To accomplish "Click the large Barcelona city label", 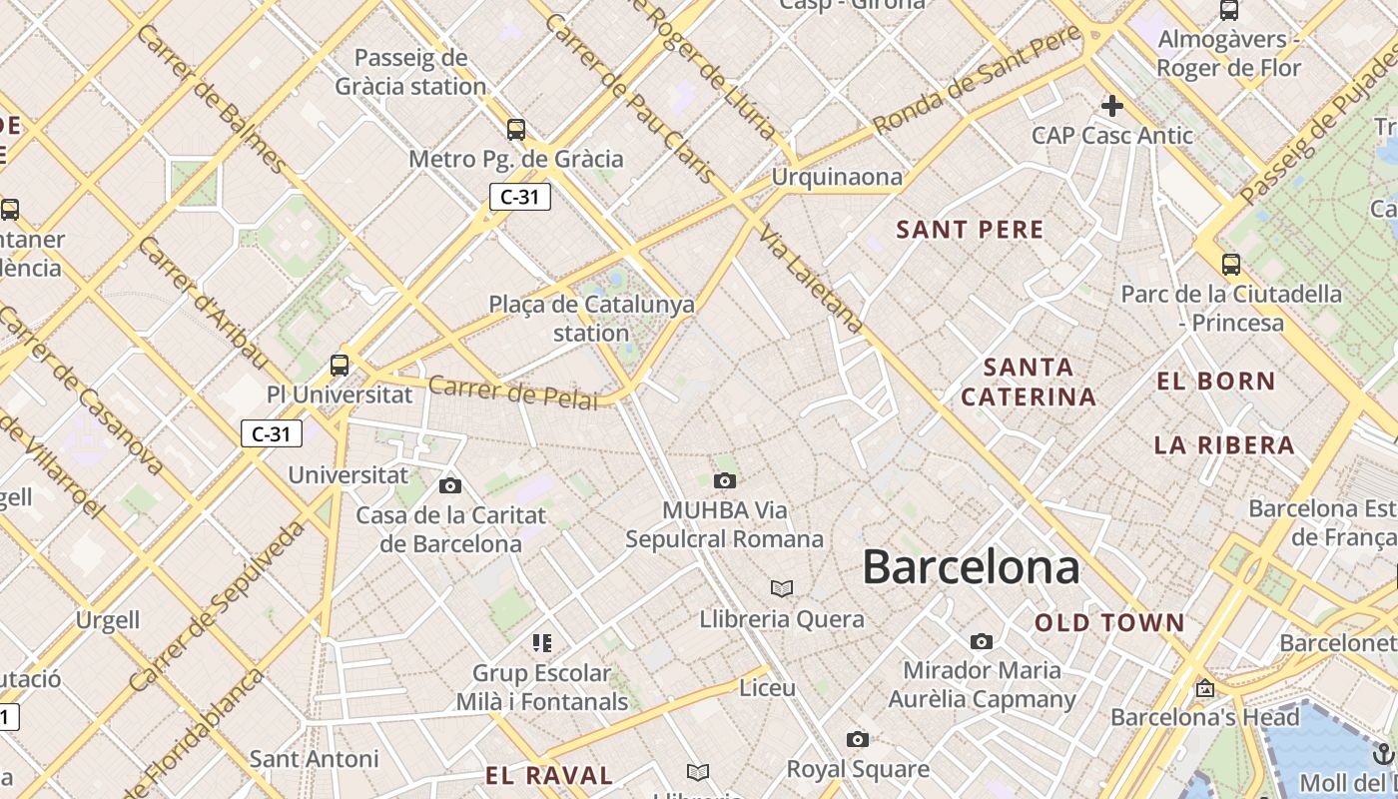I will [x=971, y=567].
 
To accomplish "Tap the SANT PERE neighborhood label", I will [x=970, y=230].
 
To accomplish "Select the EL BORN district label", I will [x=1215, y=381].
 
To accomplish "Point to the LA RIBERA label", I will [x=1224, y=444].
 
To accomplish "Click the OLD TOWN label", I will [x=1109, y=623].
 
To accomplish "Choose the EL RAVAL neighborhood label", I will [x=549, y=775].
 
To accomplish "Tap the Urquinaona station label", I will [x=836, y=177].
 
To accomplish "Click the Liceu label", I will [x=767, y=688].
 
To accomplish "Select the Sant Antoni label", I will [x=314, y=759].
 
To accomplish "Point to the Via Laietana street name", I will [x=811, y=279].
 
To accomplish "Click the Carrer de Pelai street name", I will [x=513, y=392].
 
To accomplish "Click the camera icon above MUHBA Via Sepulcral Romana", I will [x=725, y=481].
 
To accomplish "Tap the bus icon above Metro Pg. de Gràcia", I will [x=515, y=130].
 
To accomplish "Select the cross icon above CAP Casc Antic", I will [x=1111, y=105].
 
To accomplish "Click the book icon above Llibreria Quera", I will [x=782, y=589].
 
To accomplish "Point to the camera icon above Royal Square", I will [x=857, y=740].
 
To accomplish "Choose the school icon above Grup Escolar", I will [x=541, y=643].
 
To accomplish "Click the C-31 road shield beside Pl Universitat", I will [x=271, y=433].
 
